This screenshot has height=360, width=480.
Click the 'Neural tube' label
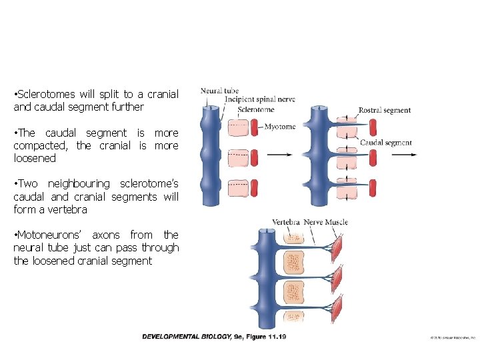pos(219,91)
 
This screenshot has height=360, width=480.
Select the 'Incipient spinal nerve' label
pos(259,99)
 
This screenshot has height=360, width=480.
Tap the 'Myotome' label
pos(279,127)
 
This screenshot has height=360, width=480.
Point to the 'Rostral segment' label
pos(385,110)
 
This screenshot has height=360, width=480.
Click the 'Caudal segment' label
pos(385,142)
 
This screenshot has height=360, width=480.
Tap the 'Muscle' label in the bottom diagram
pos(337,222)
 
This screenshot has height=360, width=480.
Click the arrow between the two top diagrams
pos(278,155)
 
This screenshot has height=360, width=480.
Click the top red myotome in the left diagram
pos(254,127)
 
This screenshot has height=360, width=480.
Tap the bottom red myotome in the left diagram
pos(254,188)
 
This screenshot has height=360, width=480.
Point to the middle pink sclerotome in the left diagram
pos(237,158)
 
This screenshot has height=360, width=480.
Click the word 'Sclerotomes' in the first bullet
pos(43,94)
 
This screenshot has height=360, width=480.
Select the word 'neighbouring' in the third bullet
pos(80,183)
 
